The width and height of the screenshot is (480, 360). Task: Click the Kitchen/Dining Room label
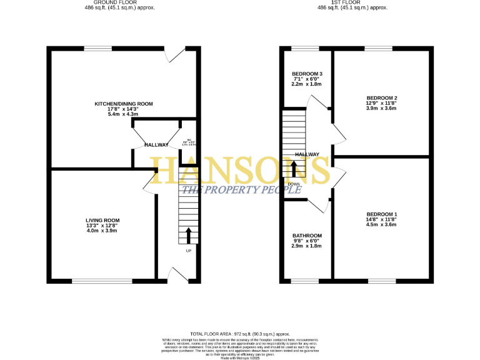pyautogui.click(x=124, y=104)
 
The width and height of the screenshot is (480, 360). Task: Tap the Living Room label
pyautogui.click(x=102, y=220)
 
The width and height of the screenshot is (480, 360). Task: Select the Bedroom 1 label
pyautogui.click(x=381, y=215)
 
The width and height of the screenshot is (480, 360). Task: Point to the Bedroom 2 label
pyautogui.click(x=382, y=98)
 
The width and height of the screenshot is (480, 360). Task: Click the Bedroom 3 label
pyautogui.click(x=307, y=74)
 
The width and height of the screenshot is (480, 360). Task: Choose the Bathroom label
pyautogui.click(x=306, y=235)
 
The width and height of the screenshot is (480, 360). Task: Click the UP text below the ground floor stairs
pyautogui.click(x=189, y=251)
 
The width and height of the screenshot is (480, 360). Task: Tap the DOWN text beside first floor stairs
pyautogui.click(x=294, y=184)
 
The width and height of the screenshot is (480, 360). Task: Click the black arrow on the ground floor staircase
pyautogui.click(x=189, y=236)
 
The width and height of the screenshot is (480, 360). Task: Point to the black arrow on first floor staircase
pyautogui.click(x=294, y=168)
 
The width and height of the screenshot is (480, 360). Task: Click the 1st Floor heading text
pyautogui.click(x=352, y=2)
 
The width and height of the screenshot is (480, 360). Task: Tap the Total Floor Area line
pyautogui.click(x=240, y=335)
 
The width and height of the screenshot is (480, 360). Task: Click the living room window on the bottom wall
pyautogui.click(x=102, y=281)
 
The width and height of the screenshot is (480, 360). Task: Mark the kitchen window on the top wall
pyautogui.click(x=98, y=48)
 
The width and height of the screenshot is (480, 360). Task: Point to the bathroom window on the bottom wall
pyautogui.click(x=306, y=281)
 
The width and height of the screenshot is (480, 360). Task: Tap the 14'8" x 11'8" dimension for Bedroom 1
pyautogui.click(x=381, y=221)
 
